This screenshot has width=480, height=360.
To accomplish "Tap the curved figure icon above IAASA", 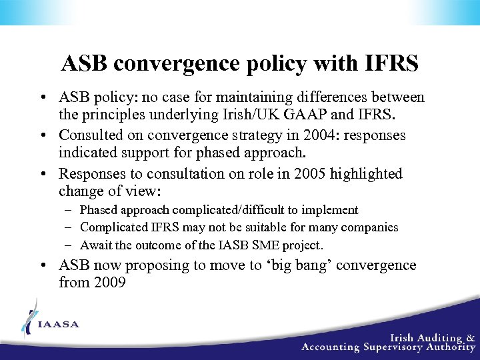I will [28, 317].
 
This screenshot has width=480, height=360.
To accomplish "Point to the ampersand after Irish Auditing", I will [471, 337].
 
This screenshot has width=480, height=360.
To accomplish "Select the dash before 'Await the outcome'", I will [69, 245].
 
